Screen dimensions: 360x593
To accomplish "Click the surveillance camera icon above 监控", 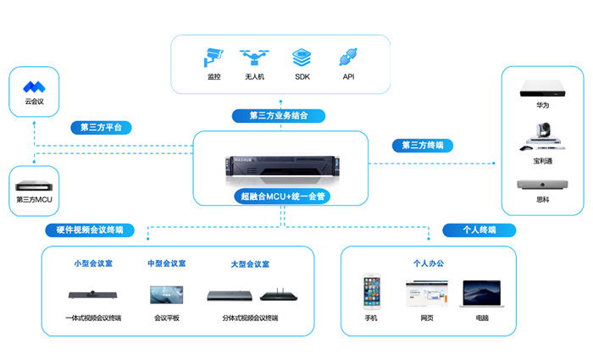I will tap(213, 58).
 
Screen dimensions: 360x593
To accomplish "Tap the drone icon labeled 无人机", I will tap(254, 58).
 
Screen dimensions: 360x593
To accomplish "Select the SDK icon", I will tap(302, 58).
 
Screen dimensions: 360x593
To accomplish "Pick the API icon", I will tap(347, 58).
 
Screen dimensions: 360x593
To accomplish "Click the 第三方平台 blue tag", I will tap(101, 128).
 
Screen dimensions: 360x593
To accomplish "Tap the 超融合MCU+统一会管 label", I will tap(282, 197).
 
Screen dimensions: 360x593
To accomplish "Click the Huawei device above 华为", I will tap(542, 87).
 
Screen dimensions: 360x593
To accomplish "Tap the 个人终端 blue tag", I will tap(479, 230).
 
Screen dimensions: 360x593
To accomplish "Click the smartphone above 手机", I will tap(371, 291).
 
